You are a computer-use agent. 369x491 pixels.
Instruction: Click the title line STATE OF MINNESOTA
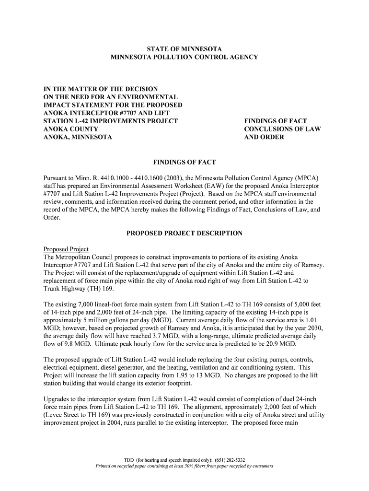[x=184, y=49]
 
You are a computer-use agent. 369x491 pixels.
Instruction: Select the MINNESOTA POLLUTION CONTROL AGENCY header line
[x=184, y=57]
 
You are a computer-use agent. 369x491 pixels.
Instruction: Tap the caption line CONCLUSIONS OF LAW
[x=282, y=129]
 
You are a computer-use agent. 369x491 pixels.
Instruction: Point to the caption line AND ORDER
[x=264, y=137]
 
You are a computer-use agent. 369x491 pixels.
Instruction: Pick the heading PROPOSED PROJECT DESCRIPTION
[x=184, y=234]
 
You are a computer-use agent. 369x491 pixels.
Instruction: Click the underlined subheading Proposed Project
[x=66, y=249]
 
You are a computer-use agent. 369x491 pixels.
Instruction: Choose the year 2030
[x=316, y=328]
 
